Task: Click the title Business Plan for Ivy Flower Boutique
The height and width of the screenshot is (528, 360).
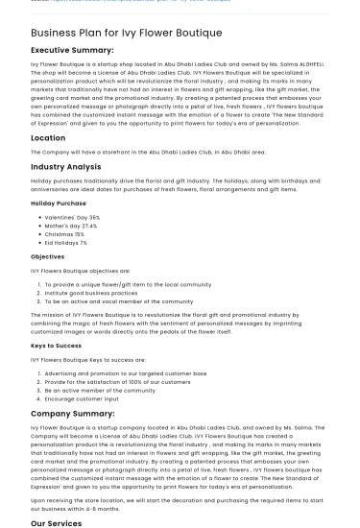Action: point(126,33)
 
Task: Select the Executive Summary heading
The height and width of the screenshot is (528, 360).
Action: point(72,49)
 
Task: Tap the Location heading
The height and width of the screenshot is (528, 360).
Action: point(48,138)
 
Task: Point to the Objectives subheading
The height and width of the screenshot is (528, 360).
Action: point(47,256)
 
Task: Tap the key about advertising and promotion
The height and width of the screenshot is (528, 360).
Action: point(125,372)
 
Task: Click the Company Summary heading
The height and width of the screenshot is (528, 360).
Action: point(72,414)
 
